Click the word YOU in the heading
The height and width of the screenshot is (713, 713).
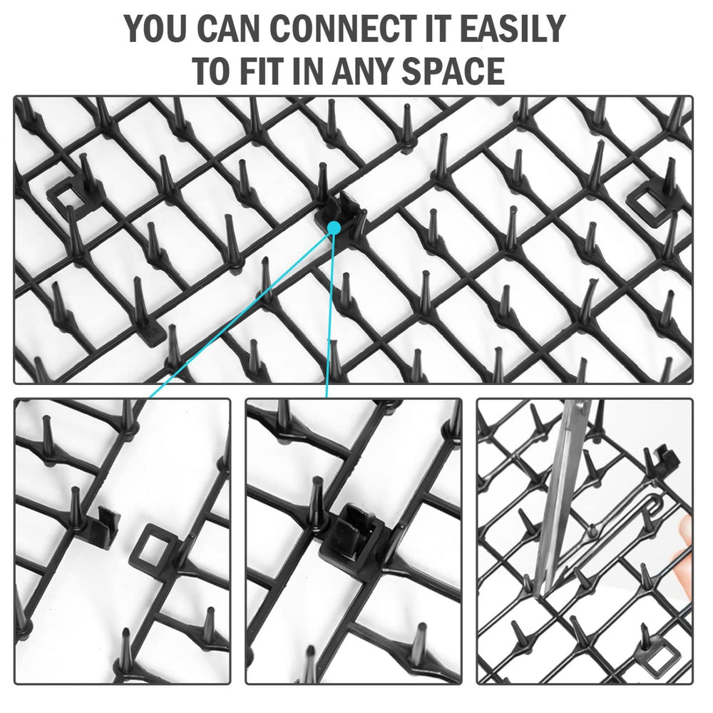coord(155,29)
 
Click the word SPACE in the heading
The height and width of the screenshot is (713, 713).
coord(453,71)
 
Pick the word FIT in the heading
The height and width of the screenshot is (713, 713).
coord(260,71)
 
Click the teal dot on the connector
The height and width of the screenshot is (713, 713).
coord(334,227)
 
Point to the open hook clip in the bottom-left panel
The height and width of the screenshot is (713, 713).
coord(102,526)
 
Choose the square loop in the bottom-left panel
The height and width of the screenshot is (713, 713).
coord(153,545)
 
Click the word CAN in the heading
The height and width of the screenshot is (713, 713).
coord(228,29)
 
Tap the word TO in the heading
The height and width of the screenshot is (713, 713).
coord(210,71)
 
